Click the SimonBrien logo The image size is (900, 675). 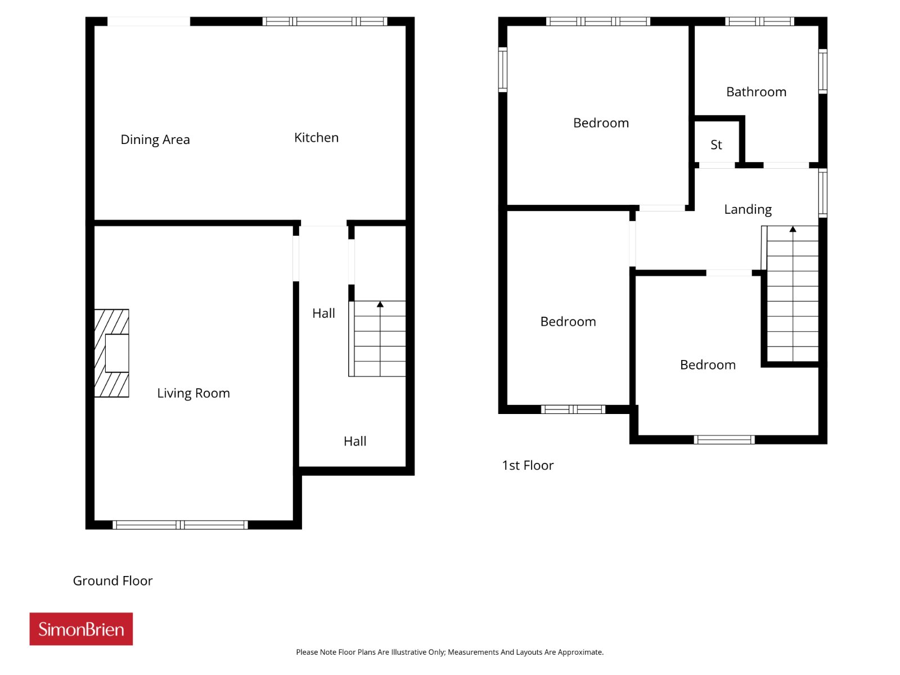81,628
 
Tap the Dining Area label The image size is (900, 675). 155,139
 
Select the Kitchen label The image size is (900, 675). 316,137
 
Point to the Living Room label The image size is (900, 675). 193,393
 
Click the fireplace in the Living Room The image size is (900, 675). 111,353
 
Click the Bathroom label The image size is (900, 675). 755,92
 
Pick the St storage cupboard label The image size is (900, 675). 716,145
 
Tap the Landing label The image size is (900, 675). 748,209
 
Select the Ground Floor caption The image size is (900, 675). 112,580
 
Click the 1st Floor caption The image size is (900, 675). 527,465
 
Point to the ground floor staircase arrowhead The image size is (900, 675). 380,304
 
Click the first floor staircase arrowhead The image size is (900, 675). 793,229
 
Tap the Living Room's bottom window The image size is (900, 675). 180,525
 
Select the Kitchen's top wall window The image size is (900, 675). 325,21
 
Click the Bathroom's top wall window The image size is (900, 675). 759,21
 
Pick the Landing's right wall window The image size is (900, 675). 822,192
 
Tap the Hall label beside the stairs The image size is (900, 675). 323,313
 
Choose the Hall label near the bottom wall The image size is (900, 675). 355,442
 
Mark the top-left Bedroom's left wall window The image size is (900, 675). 503,70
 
